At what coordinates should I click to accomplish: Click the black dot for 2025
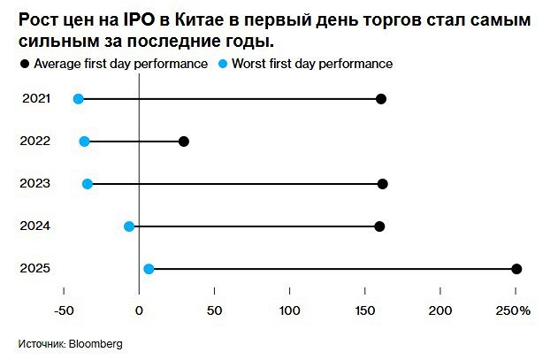pos(517,269)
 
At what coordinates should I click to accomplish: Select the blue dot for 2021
pos(79,99)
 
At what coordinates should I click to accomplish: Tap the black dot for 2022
pos(184,142)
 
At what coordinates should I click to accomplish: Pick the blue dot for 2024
pos(129,226)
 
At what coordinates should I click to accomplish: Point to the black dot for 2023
pos(382,184)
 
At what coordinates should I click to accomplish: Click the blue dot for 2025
pos(149,269)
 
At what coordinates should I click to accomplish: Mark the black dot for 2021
pos(381,99)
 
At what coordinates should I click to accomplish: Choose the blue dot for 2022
pos(84,142)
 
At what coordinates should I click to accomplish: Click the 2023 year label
pos(36,183)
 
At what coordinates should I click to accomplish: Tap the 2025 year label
pos(36,268)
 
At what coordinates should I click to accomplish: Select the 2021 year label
pos(36,98)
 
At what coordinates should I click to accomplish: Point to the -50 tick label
pos(64,310)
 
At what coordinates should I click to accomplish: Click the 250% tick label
pos(513,310)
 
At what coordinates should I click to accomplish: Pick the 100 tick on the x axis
pos(290,310)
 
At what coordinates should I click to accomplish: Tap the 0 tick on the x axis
pos(140,310)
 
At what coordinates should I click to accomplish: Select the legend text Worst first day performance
pos(312,64)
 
